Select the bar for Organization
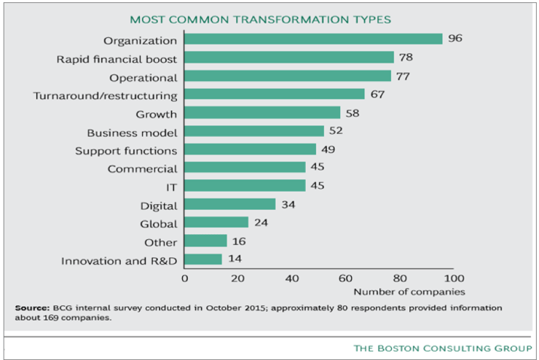click(x=313, y=39)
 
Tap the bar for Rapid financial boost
click(x=289, y=58)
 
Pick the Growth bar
click(x=262, y=113)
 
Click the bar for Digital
click(x=230, y=204)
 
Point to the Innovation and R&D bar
click(x=203, y=259)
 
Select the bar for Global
click(x=216, y=222)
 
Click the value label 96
click(x=456, y=39)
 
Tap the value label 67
click(x=377, y=94)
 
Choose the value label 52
click(x=337, y=131)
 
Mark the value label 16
click(x=240, y=241)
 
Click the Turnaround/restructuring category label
click(x=106, y=95)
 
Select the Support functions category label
click(x=126, y=150)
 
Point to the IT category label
click(x=172, y=187)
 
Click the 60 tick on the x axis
click(x=346, y=278)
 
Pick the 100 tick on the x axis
click(x=454, y=278)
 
